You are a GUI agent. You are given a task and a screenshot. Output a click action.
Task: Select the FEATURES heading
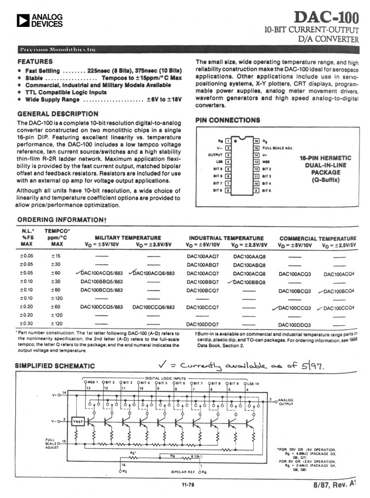(x=35, y=61)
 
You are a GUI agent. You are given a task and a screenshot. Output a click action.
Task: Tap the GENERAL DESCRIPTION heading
(x=57, y=114)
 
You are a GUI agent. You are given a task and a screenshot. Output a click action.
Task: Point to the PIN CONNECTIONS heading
(x=227, y=120)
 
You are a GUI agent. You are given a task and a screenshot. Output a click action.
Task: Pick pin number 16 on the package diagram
(x=256, y=141)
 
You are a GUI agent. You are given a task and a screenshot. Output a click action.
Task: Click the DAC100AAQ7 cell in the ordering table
(x=203, y=256)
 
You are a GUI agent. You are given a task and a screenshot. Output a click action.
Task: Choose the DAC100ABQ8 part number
(x=250, y=264)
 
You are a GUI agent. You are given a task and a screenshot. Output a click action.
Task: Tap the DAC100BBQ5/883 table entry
(x=101, y=281)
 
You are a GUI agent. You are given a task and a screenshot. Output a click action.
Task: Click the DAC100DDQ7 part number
(x=203, y=324)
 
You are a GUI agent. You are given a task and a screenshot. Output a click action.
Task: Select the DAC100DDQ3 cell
(x=295, y=324)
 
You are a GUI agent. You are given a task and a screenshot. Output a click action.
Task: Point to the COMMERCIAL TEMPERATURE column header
(x=318, y=238)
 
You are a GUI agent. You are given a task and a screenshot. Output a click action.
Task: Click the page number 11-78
(x=188, y=484)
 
